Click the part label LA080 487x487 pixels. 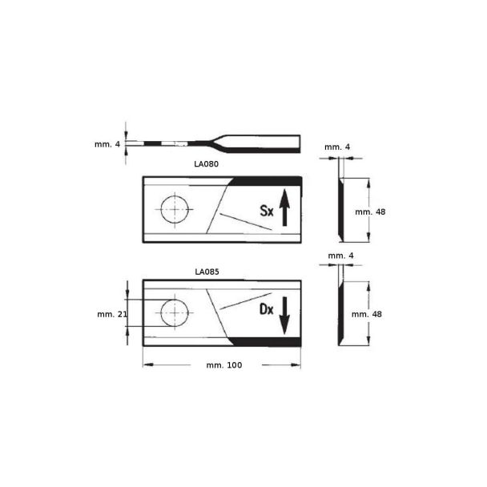pos(206,163)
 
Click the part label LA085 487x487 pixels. pos(207,272)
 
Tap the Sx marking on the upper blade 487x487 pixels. pos(267,211)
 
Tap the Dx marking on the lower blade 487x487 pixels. pos(267,309)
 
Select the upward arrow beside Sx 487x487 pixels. pos(284,207)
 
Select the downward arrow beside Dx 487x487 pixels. pos(284,316)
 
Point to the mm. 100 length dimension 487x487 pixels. pos(224,365)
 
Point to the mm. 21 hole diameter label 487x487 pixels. pos(112,314)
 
